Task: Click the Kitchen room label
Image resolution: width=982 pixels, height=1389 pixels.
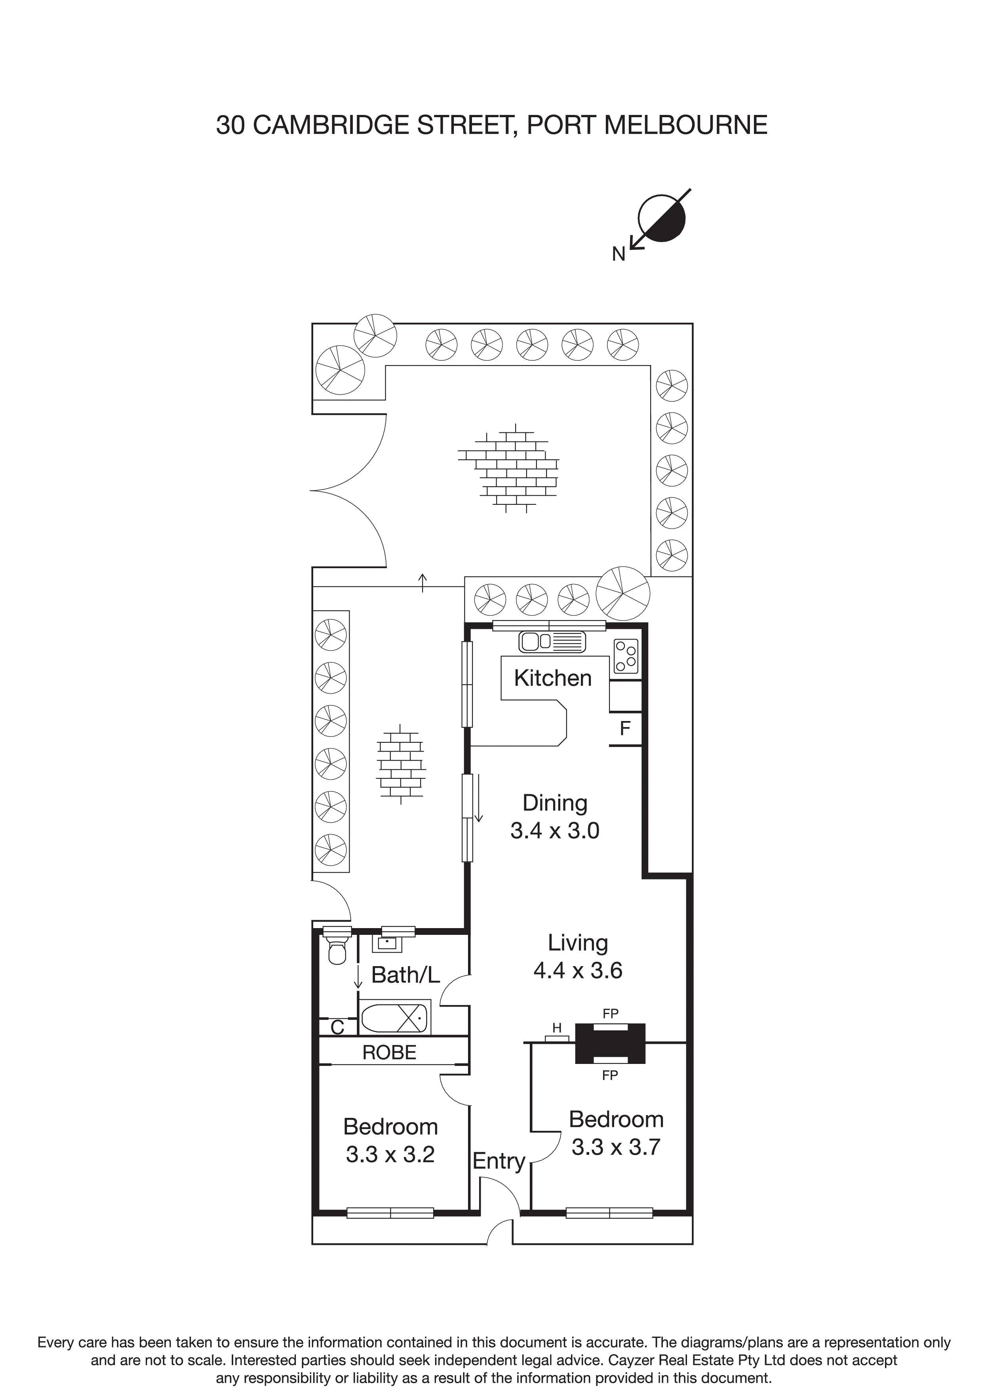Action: (552, 678)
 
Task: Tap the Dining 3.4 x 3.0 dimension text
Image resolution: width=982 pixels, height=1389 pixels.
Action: (554, 831)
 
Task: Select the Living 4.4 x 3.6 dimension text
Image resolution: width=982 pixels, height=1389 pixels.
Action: (577, 970)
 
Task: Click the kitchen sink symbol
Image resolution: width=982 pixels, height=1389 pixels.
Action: (551, 641)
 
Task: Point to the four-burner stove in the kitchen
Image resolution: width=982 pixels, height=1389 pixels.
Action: (626, 656)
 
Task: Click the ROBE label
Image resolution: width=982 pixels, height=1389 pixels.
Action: (389, 1053)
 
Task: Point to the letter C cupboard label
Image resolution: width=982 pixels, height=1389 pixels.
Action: (337, 1027)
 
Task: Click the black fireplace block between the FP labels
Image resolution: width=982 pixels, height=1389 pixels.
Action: (610, 1043)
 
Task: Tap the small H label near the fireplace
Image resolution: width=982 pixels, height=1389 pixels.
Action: (557, 1028)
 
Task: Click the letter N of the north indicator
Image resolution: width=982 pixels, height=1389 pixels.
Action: (618, 255)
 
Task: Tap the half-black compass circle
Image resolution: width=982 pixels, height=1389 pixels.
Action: (662, 219)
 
